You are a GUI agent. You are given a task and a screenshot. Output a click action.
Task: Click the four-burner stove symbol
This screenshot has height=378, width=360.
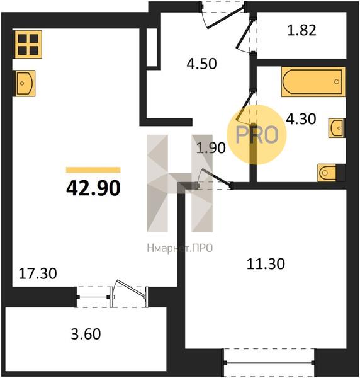coord(28,44)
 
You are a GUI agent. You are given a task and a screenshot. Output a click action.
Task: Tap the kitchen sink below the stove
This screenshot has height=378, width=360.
coord(25,83)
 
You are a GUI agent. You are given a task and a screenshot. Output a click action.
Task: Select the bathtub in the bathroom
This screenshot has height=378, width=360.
coord(313,82)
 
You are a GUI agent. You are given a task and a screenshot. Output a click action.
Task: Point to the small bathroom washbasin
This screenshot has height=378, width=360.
coord(337,128)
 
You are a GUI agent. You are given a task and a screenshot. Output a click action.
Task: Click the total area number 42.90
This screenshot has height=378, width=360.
coord(93,188)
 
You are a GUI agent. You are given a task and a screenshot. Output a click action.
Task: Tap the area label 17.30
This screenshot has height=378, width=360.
coord(38,273)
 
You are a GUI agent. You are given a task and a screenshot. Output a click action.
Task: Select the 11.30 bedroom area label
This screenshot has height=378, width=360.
coord(266,264)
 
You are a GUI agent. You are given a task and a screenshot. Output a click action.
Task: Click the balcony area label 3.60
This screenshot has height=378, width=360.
coord(86,334)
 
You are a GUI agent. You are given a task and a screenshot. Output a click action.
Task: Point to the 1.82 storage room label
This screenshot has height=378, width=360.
coord(301,31)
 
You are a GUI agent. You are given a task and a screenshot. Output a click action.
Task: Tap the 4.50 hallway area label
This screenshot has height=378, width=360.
coord(202,64)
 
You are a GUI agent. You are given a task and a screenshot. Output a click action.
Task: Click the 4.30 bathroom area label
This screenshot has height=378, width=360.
coord(301,119)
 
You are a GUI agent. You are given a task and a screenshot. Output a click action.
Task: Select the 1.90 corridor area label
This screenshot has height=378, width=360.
coord(211,148)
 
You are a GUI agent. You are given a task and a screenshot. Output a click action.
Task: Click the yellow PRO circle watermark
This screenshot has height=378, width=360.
coord(257,135)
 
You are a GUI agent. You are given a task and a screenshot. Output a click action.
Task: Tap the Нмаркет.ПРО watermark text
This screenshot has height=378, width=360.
coord(179,248)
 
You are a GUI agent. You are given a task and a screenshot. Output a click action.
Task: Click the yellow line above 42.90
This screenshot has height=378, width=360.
coord(93,170)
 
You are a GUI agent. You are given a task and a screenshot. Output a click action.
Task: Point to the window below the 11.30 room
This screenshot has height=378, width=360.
coord(269,362)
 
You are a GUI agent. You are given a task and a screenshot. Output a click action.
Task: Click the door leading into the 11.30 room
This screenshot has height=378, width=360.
coord(215,179)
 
